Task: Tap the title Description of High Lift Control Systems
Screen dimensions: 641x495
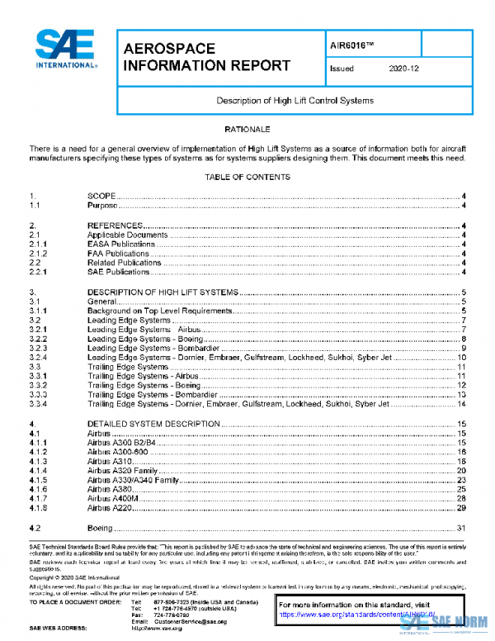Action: tap(295, 101)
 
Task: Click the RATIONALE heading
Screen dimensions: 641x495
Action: tap(247, 130)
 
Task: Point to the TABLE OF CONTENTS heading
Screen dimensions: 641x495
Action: tap(247, 177)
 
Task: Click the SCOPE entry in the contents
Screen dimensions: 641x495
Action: tap(101, 196)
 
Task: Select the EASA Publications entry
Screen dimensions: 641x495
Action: tap(121, 244)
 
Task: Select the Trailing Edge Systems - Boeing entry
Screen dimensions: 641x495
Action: tap(144, 385)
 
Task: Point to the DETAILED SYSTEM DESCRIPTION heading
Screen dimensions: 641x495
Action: tap(153, 424)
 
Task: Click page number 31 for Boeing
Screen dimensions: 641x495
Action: tap(462, 528)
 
